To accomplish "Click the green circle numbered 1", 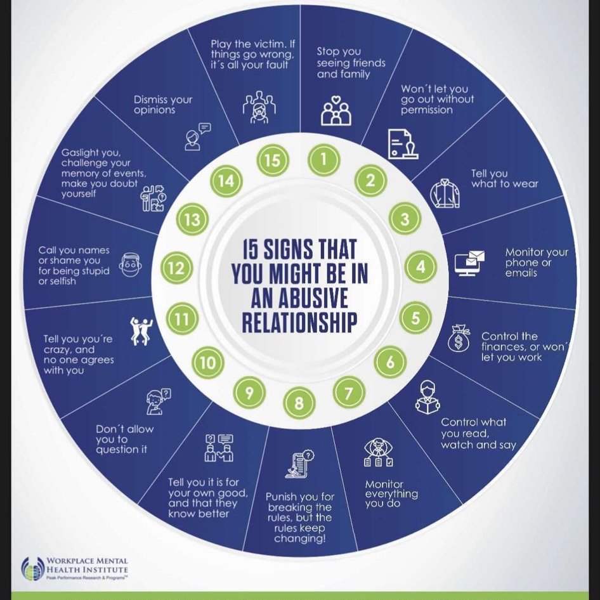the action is (323, 159).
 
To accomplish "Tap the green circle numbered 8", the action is (299, 403).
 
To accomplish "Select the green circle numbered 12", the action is (176, 268).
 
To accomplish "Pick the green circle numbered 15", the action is (273, 160).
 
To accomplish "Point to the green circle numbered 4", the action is (421, 267).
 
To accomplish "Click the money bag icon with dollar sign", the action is (459, 338).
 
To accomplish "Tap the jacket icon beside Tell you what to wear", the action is (445, 193).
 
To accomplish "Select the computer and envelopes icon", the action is (469, 263).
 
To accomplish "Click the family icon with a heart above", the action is (336, 111).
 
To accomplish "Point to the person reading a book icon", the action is (427, 398).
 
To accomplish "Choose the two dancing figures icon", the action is (141, 331).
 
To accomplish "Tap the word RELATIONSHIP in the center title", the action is (299, 322).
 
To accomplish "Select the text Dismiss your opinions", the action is (163, 105).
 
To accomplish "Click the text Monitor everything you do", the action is (391, 494).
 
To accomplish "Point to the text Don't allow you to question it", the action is (125, 440).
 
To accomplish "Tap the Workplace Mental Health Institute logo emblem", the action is (33, 569).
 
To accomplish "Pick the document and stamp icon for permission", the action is (403, 144).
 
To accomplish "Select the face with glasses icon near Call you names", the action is (131, 264).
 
